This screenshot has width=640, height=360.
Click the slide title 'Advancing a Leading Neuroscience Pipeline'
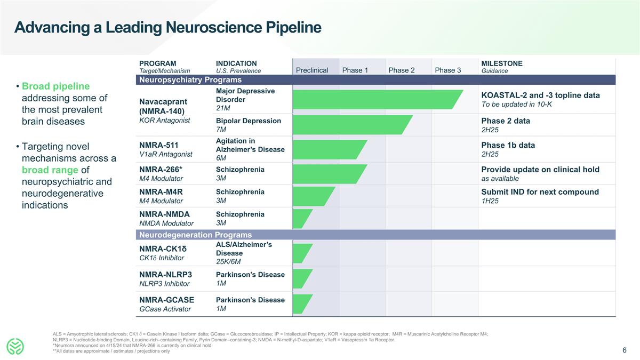pos(167,27)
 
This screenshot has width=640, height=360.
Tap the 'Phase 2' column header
pos(402,70)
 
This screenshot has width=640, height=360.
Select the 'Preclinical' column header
pos(312,70)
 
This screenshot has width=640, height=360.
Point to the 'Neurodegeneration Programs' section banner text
pos(195,235)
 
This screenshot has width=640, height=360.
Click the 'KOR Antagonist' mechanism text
pos(164,121)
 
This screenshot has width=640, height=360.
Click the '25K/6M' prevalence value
pos(228,261)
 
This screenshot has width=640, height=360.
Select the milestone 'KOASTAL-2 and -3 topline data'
pos(540,95)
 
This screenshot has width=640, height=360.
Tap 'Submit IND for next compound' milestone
pos(540,192)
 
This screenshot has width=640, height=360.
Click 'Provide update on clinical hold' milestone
pos(540,170)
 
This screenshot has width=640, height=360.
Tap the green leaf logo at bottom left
pos(16,346)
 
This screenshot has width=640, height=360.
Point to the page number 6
pos(624,350)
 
